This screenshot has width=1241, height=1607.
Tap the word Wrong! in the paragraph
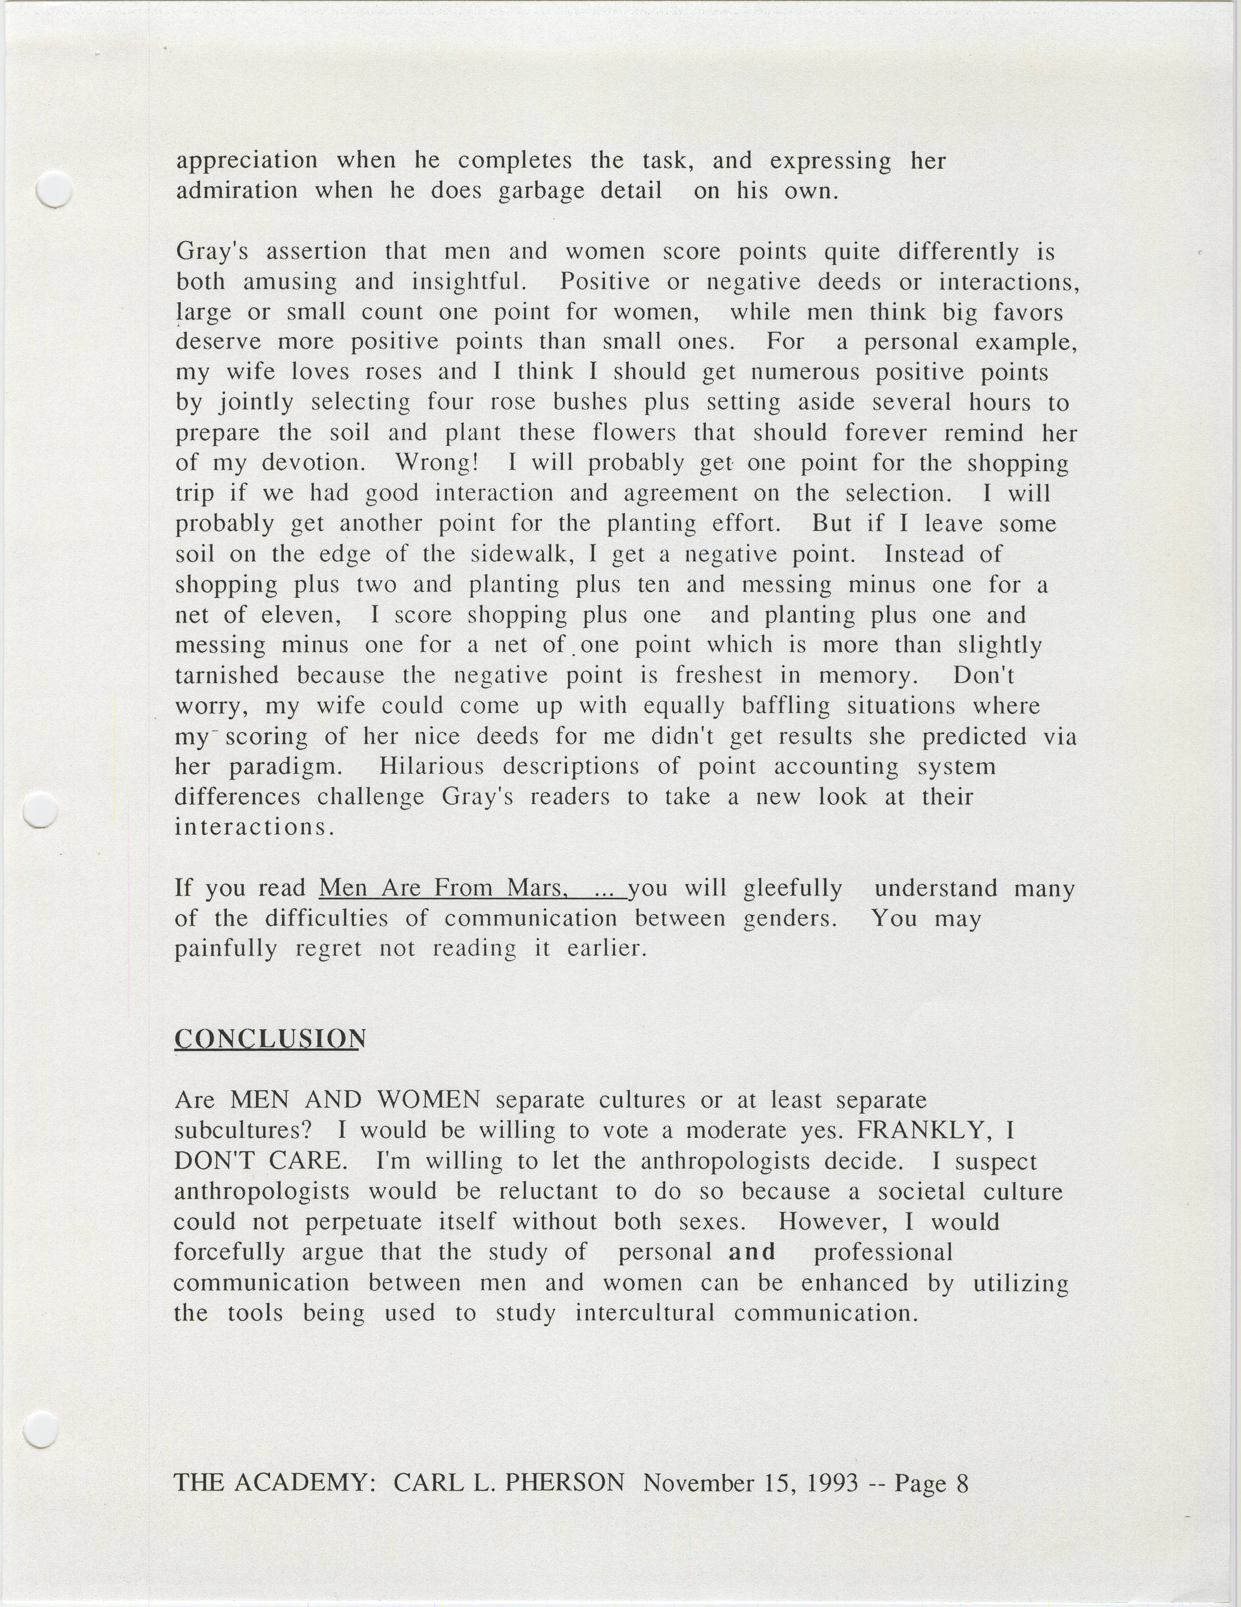437,463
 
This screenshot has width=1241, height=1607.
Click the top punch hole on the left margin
54,190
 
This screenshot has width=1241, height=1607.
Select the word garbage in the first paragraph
541,191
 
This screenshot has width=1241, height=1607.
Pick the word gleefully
793,889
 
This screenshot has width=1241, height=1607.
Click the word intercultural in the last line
645,1313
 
